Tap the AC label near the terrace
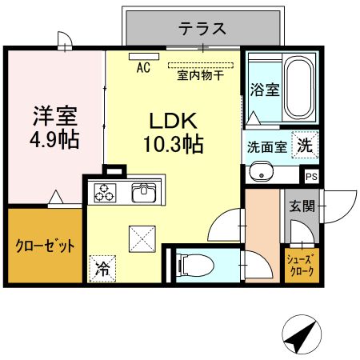pos(143,68)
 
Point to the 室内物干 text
pos(200,77)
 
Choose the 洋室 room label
pos(55,115)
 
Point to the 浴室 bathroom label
pos(264,89)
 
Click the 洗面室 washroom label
pos(266,147)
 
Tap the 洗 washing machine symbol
pos(305,146)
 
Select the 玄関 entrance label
pos(302,206)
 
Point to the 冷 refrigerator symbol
pos(102,267)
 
